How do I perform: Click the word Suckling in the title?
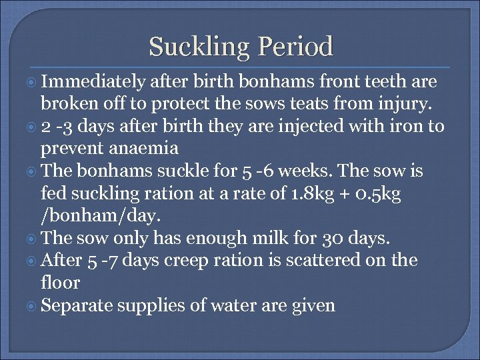[x=194, y=47]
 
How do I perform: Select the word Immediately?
[x=93, y=83]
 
